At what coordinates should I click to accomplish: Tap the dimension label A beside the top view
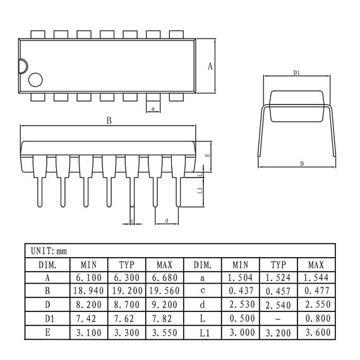click(x=210, y=66)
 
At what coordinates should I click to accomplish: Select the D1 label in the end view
click(x=296, y=73)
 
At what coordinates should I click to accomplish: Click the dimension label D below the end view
click(x=302, y=164)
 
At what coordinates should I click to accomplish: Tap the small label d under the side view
click(x=166, y=220)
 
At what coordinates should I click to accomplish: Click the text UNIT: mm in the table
click(x=49, y=250)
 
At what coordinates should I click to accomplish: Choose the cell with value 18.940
click(x=89, y=292)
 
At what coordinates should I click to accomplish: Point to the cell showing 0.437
click(x=240, y=292)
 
